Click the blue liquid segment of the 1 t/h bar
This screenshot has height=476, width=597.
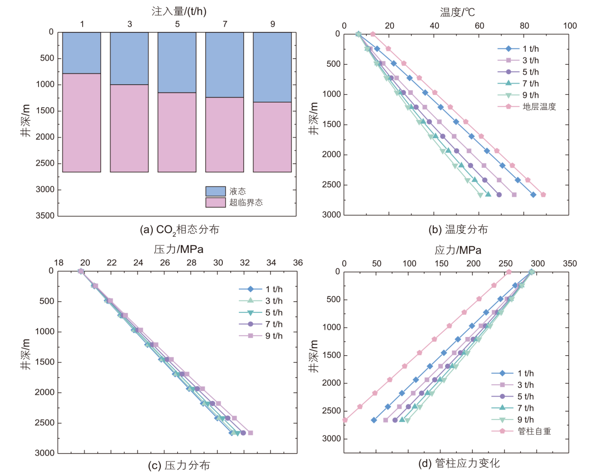coord(81,53)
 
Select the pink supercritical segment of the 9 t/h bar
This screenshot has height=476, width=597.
coord(272,137)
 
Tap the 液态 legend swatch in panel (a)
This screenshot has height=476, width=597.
coord(215,191)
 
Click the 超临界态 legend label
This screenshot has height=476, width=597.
coord(246,203)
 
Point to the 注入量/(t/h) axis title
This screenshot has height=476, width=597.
coord(179,11)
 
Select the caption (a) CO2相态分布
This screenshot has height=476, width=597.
coord(180,230)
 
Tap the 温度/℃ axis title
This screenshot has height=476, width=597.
coord(457,12)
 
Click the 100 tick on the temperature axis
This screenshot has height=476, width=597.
coord(570,26)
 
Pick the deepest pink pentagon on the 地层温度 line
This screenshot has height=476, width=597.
coord(543,195)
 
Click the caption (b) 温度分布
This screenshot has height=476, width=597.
coord(458,229)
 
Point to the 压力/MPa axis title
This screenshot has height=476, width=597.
coord(179,249)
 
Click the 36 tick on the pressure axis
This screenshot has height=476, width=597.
coord(298,263)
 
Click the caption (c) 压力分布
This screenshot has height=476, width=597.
coord(179,466)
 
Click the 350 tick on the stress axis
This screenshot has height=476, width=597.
coord(570,264)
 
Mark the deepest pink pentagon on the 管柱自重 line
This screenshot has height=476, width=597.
coord(345,420)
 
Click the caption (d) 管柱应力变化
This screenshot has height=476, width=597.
coord(459,464)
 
